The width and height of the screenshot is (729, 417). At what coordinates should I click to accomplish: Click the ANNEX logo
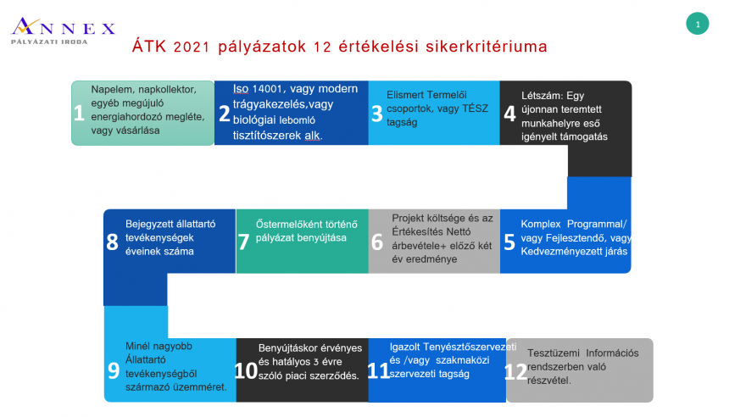[x=64, y=31]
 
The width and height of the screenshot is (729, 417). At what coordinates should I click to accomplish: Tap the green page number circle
[x=697, y=24]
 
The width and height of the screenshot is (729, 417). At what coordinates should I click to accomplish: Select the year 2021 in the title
[x=191, y=47]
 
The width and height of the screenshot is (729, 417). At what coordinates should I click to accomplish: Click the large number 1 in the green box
[x=79, y=113]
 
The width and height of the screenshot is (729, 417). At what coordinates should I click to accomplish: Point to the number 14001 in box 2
[x=267, y=89]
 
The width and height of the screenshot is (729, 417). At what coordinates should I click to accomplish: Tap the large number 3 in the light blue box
[x=377, y=114]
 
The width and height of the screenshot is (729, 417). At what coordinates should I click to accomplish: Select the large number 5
[x=509, y=242]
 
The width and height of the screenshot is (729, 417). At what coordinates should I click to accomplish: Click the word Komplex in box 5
[x=541, y=225]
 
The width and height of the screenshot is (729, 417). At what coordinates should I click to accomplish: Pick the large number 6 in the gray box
[x=377, y=242]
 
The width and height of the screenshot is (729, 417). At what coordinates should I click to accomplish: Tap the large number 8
[x=112, y=242]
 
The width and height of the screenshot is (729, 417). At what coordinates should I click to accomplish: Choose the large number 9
[x=114, y=371]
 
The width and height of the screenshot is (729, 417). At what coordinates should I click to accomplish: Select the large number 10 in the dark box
[x=246, y=371]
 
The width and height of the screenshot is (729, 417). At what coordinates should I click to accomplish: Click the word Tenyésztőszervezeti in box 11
[x=470, y=347]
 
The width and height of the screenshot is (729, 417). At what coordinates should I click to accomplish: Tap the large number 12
[x=515, y=372]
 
